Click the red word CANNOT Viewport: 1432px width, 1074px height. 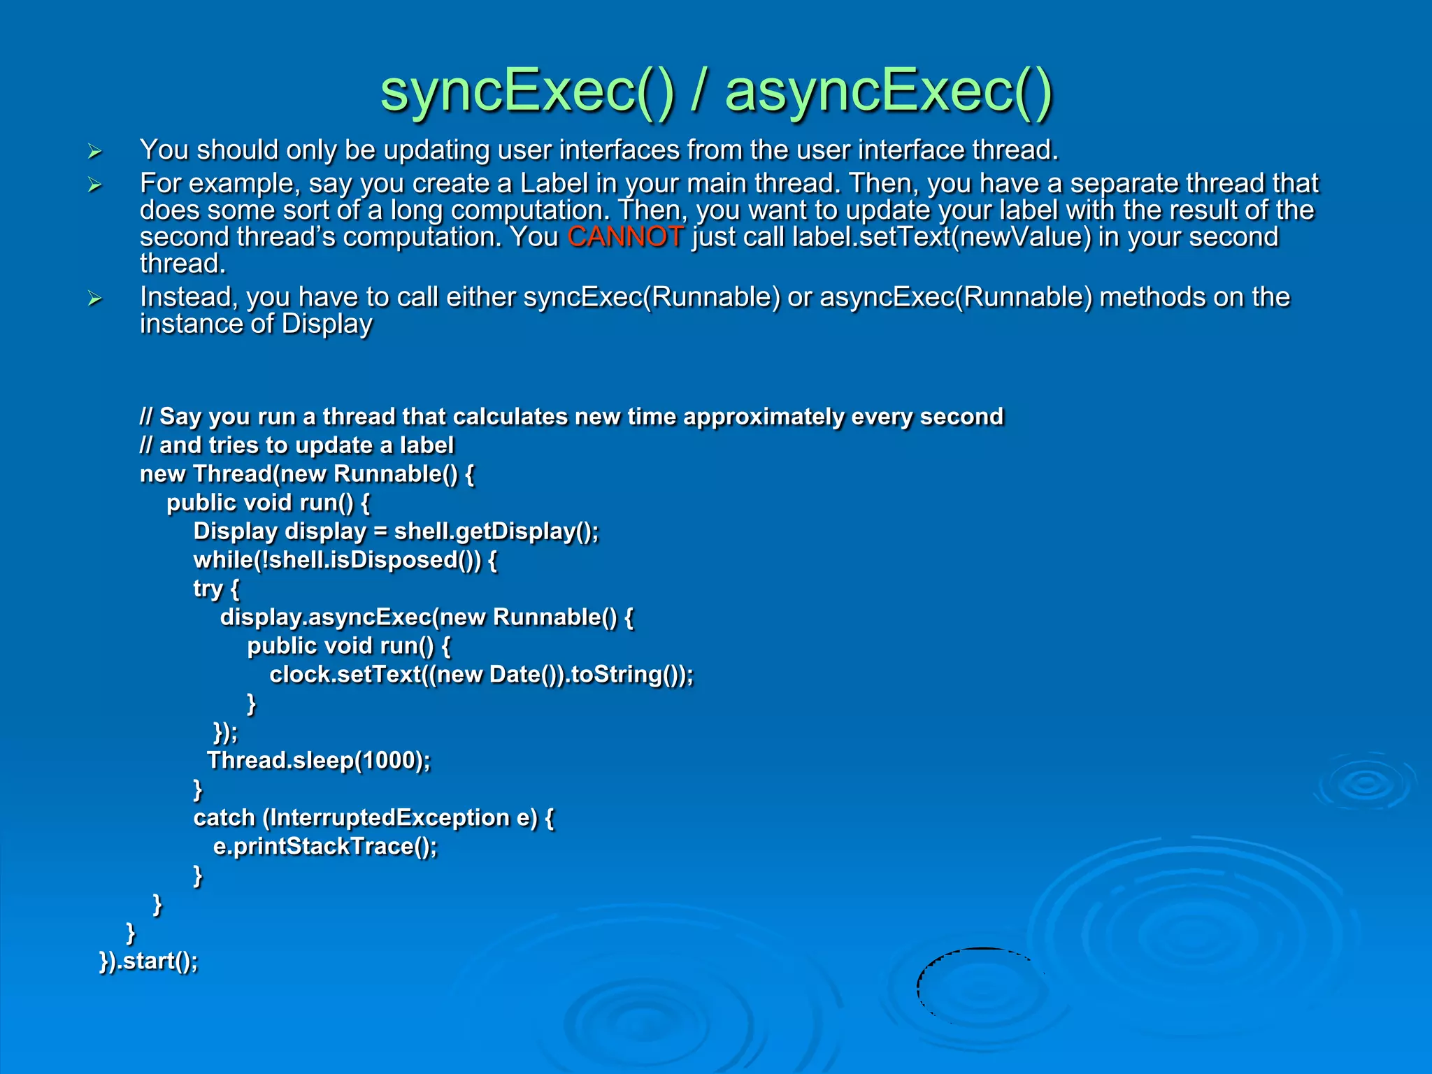click(625, 237)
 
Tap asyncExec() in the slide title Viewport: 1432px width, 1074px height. click(888, 92)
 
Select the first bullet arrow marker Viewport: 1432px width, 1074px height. click(95, 151)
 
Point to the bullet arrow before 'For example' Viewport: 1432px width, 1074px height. click(95, 185)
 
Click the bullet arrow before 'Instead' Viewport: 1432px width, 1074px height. click(95, 299)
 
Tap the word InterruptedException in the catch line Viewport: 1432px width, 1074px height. click(390, 818)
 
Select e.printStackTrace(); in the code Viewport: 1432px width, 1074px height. click(325, 847)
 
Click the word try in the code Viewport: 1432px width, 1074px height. click(208, 589)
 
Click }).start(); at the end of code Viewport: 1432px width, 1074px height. click(149, 961)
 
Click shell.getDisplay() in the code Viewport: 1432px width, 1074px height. click(495, 531)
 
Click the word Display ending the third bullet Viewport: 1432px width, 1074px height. click(327, 324)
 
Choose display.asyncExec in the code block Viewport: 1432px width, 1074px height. click(326, 617)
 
